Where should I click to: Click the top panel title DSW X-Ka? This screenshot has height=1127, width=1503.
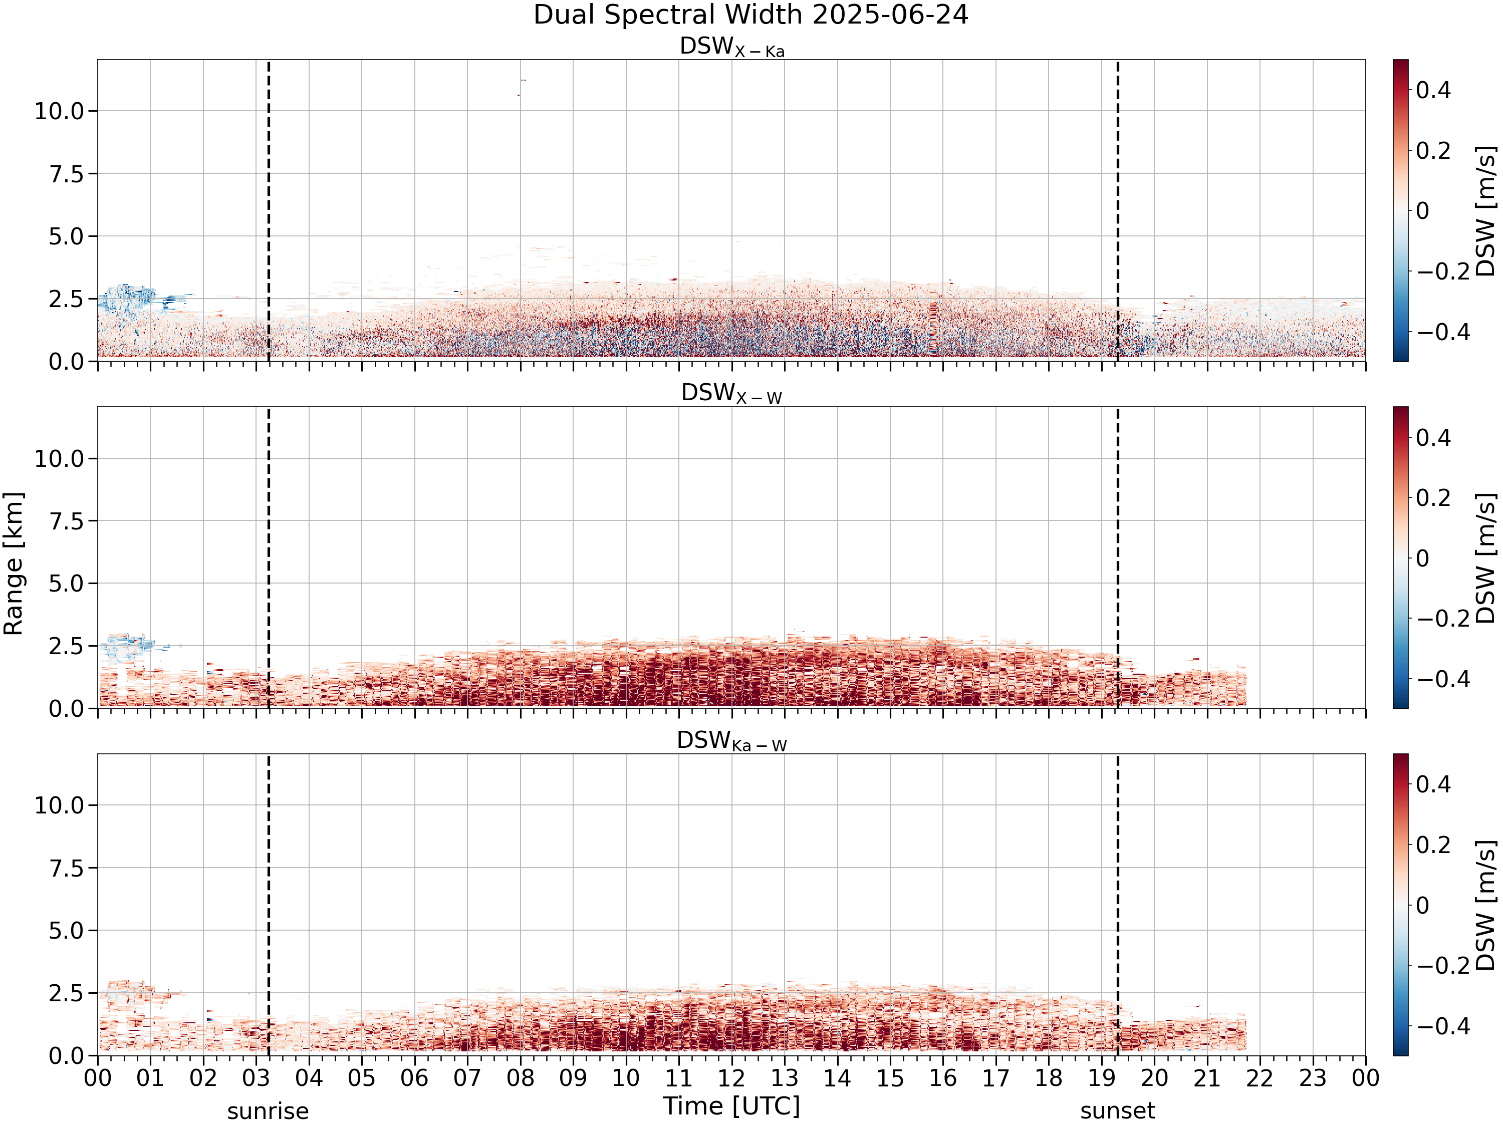(x=732, y=48)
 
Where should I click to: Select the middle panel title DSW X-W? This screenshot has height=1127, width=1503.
(x=732, y=394)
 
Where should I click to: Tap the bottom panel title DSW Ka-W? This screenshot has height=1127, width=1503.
(x=732, y=741)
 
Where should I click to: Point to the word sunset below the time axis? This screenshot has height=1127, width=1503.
(x=1118, y=1110)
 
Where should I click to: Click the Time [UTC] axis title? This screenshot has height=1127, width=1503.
(x=732, y=1106)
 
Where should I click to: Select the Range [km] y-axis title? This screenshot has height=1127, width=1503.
(x=14, y=564)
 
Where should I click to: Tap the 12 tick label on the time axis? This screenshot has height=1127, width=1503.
(x=732, y=1078)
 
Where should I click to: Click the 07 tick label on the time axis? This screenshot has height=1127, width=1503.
(x=467, y=1078)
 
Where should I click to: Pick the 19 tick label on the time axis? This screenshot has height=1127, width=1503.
(x=1101, y=1078)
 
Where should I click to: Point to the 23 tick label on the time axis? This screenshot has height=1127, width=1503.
(x=1313, y=1078)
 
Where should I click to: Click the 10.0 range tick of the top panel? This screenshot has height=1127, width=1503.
(x=59, y=111)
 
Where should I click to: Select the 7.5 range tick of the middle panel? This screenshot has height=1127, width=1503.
(x=66, y=521)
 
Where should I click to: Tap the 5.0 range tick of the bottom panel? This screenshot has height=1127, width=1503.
(x=66, y=931)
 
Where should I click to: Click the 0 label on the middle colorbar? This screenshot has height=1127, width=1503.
(x=1423, y=558)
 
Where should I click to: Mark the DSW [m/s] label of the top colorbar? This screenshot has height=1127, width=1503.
(x=1485, y=210)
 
